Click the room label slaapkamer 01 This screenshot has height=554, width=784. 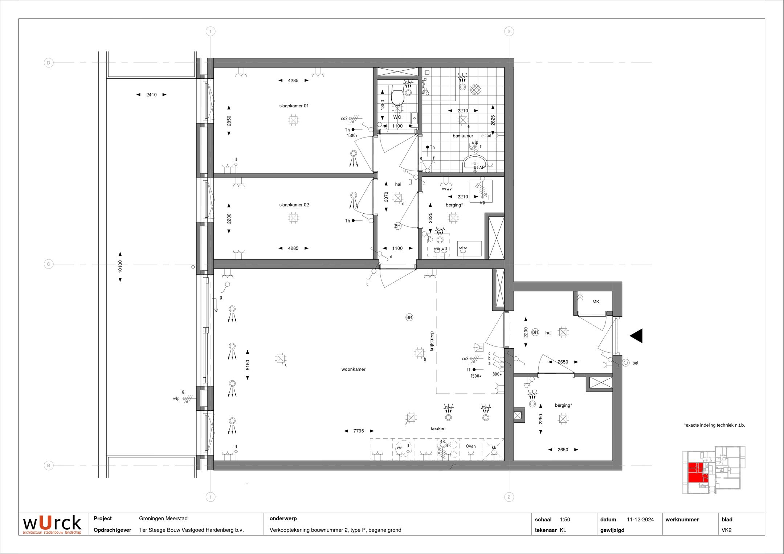tap(294, 106)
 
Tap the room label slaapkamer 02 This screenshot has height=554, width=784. tap(294, 205)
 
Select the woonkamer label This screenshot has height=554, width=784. tap(353, 369)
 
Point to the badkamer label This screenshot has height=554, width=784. tap(463, 136)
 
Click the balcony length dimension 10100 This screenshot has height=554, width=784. tap(120, 267)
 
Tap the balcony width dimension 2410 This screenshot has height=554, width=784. tap(151, 95)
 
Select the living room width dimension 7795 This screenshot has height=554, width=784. tap(359, 431)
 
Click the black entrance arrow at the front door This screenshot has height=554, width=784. tap(636, 336)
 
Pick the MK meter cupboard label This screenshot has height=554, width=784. tap(596, 302)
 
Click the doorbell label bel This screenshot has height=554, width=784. tap(635, 363)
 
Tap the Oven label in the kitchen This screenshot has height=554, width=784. tap(471, 447)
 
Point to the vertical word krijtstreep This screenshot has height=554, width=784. tap(432, 341)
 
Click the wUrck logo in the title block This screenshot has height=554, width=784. tap(52, 524)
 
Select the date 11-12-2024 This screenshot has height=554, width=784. tap(640, 520)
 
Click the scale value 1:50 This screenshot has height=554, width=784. tap(565, 520)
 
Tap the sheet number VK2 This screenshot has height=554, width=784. tap(726, 530)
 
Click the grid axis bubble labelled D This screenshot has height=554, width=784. tap(49, 63)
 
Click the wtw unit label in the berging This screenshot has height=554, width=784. tap(463, 249)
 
